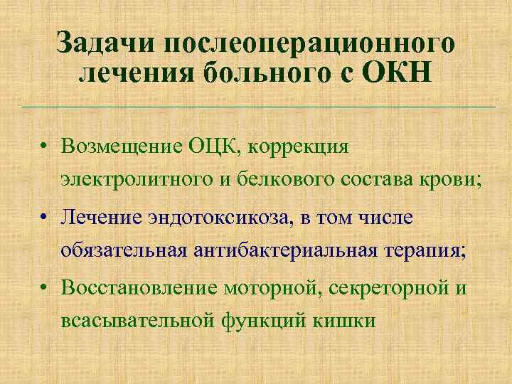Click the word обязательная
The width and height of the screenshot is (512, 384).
point(124,250)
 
